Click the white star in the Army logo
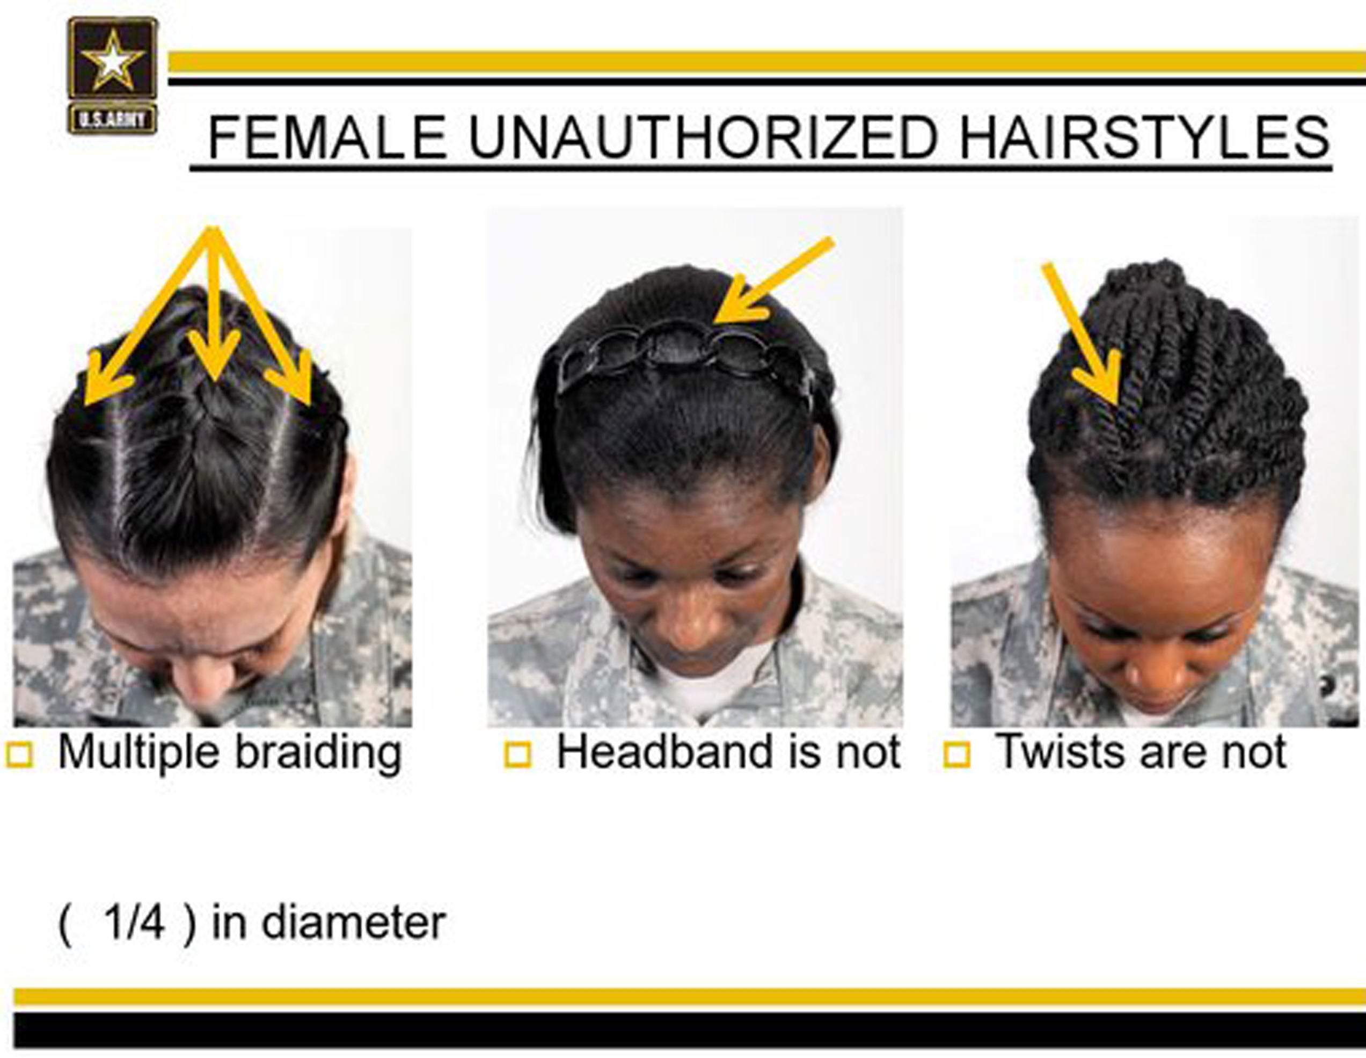pyautogui.click(x=113, y=62)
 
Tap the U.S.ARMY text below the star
pyautogui.click(x=113, y=119)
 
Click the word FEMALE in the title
pyautogui.click(x=327, y=137)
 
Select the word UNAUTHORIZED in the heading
pyautogui.click(x=703, y=137)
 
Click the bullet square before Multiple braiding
pyautogui.click(x=19, y=755)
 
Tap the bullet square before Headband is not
pyautogui.click(x=518, y=755)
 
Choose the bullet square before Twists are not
pyautogui.click(x=957, y=755)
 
